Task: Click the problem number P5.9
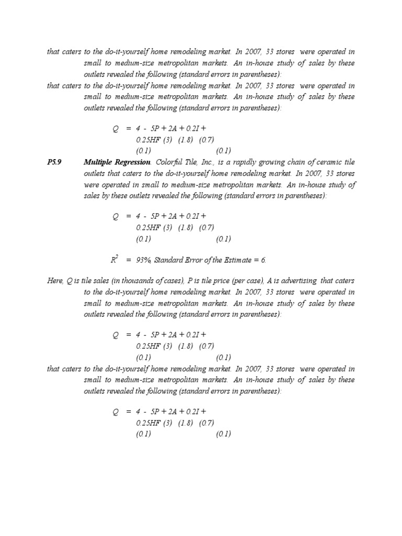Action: coord(54,162)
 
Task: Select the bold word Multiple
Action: coord(98,162)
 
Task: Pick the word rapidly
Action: coord(247,162)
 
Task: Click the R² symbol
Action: coord(116,259)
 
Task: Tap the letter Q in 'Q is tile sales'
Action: coord(70,281)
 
